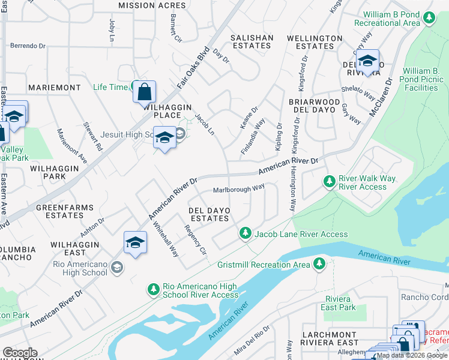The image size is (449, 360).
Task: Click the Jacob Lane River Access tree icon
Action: click(245, 233)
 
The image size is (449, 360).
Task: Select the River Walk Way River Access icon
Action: click(329, 181)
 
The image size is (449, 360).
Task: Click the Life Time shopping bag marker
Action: click(144, 92)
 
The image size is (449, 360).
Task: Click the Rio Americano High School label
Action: click(80, 268)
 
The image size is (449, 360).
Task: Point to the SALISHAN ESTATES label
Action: click(252, 41)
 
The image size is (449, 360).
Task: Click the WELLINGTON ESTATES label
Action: click(315, 42)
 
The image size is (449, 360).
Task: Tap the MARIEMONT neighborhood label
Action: click(54, 88)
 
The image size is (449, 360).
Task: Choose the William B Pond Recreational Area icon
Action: click(429, 18)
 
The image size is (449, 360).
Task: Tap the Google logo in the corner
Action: click(20, 352)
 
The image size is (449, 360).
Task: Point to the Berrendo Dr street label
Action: click(28, 45)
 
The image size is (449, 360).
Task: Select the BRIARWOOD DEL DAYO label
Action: click(319, 106)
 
